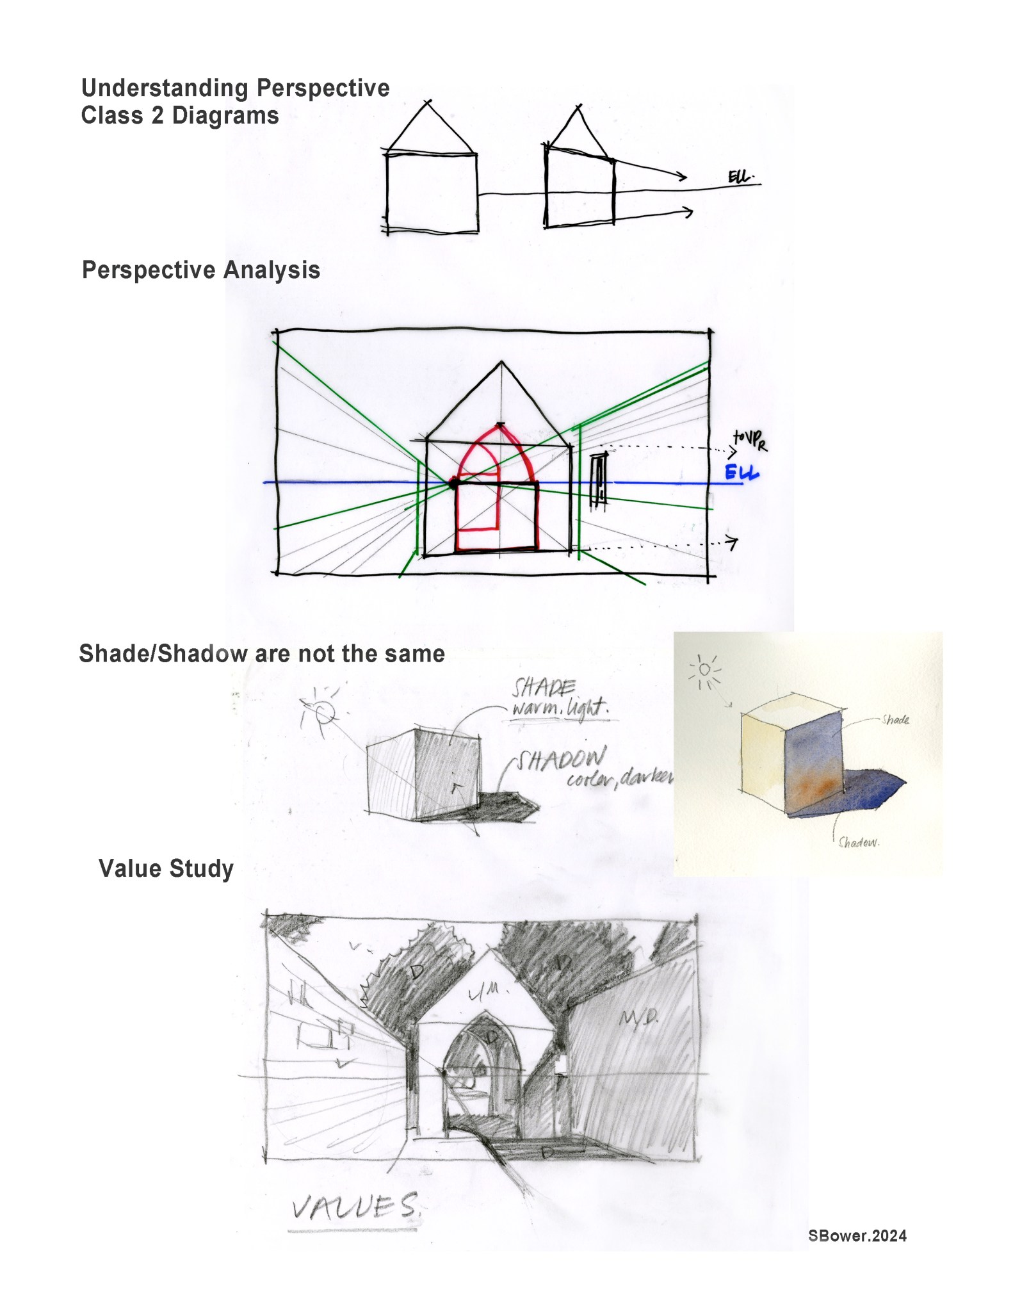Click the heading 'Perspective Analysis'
point(200,270)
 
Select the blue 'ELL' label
point(742,473)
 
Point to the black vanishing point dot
point(453,484)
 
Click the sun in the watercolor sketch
point(705,670)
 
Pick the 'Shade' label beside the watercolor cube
point(895,720)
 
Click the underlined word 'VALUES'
point(354,1208)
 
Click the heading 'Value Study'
point(166,868)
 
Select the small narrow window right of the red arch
point(599,479)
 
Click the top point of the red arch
point(499,425)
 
